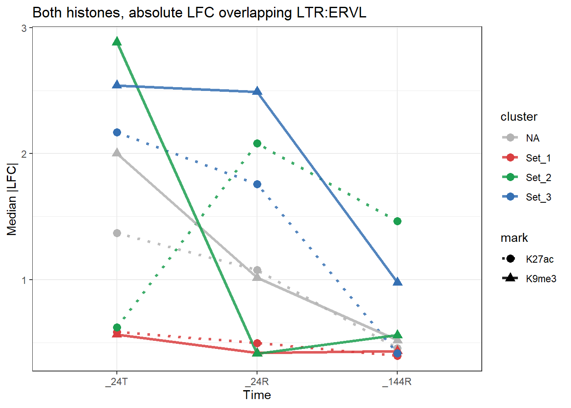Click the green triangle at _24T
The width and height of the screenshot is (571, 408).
117,41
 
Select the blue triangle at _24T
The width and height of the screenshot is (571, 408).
117,85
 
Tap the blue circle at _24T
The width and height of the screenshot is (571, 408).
117,133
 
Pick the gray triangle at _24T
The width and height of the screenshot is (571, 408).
117,153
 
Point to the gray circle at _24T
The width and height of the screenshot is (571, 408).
117,233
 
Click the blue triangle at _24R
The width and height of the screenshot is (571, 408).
257,91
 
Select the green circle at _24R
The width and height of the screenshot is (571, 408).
257,144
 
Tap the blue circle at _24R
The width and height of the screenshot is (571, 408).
257,184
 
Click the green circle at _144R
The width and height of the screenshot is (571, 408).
397,221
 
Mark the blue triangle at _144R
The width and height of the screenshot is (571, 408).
397,282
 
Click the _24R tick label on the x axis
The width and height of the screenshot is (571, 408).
257,382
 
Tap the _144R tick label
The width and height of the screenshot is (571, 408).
397,382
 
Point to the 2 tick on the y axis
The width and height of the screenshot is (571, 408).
24,154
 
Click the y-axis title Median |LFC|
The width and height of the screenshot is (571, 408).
12,199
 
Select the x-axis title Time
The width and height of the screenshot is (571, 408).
257,395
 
